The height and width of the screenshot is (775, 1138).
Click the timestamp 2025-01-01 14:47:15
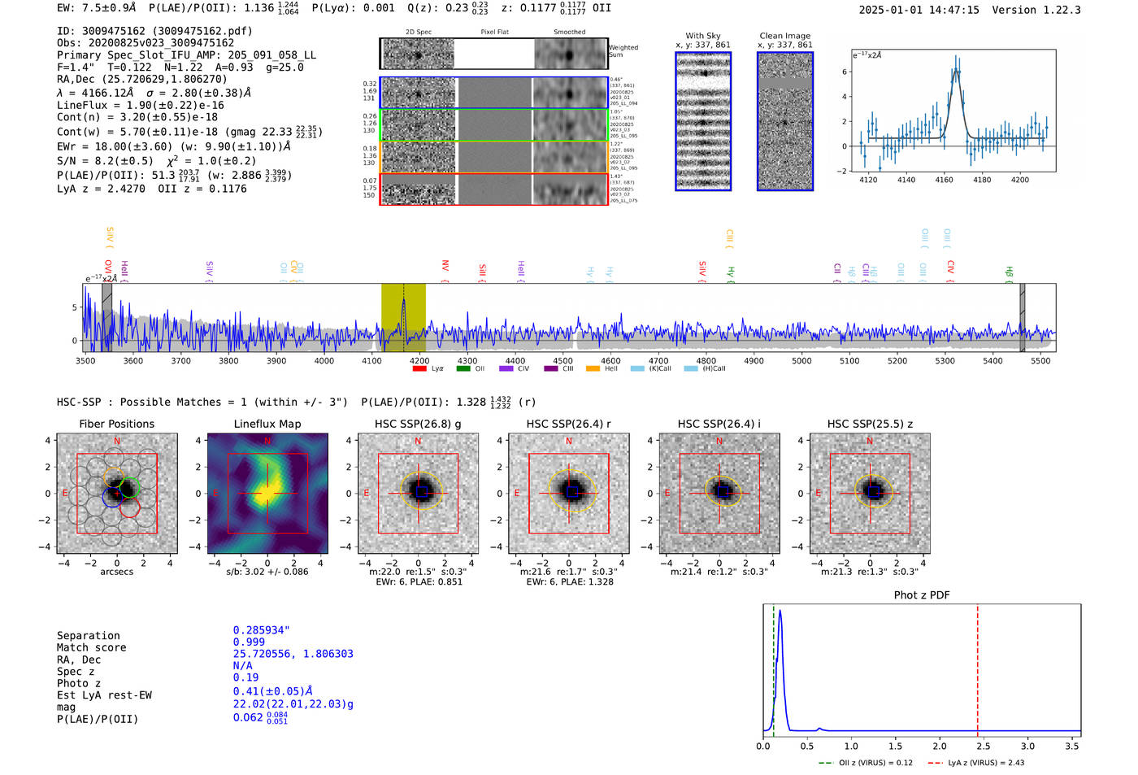coord(919,10)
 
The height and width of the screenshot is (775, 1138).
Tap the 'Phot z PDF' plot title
coord(922,594)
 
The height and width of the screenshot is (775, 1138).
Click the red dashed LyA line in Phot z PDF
coord(977,667)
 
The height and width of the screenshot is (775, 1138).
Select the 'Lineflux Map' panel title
coord(267,424)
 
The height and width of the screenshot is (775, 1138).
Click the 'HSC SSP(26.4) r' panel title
coord(568,424)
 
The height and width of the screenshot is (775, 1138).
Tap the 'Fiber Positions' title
coord(116,424)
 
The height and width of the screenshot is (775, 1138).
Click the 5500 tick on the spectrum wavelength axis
coord(1040,360)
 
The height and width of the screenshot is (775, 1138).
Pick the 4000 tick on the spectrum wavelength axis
coord(324,360)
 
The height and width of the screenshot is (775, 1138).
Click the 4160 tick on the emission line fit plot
coord(944,180)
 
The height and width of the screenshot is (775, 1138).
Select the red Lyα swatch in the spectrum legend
coord(419,368)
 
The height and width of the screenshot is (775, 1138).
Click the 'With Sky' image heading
coord(703,36)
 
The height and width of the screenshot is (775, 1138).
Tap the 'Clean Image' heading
coord(784,36)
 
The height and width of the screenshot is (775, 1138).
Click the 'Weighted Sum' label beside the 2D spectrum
coord(623,51)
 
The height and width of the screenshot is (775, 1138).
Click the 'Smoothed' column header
coord(569,32)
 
